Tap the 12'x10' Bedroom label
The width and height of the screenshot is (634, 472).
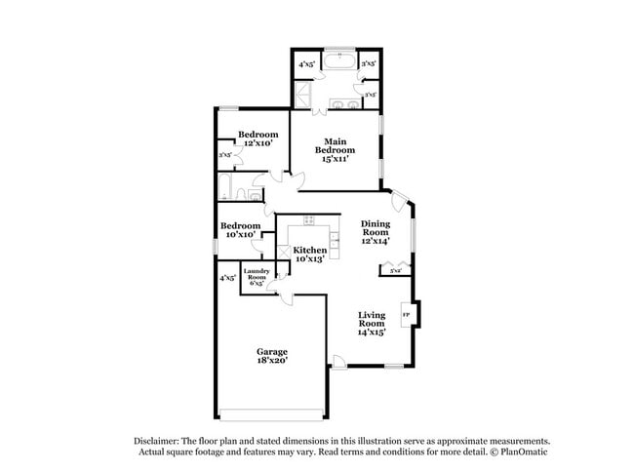click(x=258, y=138)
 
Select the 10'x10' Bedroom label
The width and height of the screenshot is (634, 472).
click(x=240, y=229)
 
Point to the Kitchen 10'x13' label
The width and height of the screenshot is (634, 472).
click(x=310, y=255)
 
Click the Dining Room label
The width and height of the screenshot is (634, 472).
click(x=376, y=232)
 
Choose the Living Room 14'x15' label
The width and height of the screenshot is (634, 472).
click(x=372, y=323)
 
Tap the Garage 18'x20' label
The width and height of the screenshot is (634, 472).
click(x=272, y=356)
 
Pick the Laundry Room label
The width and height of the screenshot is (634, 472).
click(x=257, y=276)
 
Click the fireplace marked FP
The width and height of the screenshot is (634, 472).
click(x=408, y=315)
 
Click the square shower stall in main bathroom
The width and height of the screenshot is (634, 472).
click(x=303, y=94)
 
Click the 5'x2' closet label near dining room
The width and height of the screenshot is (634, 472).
click(x=396, y=270)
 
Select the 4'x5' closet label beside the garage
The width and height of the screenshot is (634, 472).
click(x=227, y=278)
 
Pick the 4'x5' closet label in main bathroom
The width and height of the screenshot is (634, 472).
click(x=306, y=64)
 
